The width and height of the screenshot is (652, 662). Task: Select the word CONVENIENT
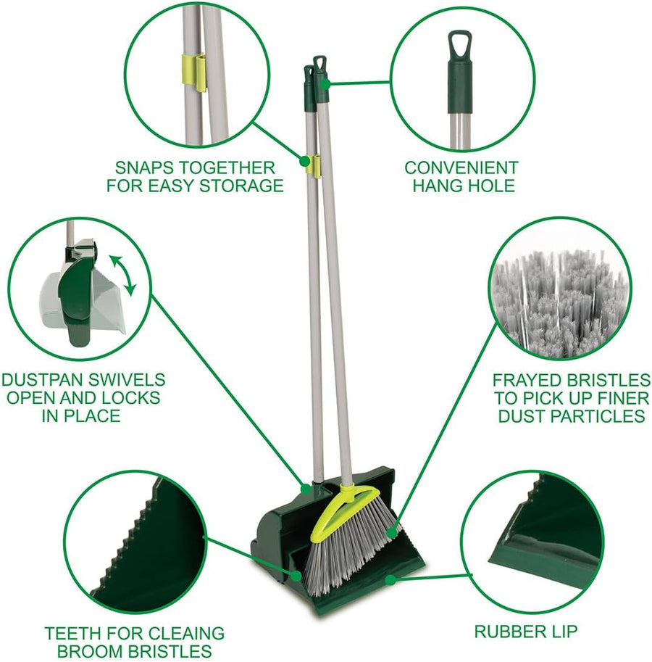point(461,168)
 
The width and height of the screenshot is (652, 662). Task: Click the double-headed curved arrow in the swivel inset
point(122,275)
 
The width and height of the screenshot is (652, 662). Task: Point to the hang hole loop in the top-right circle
point(459,43)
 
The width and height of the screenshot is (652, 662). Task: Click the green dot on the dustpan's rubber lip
point(390,579)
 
